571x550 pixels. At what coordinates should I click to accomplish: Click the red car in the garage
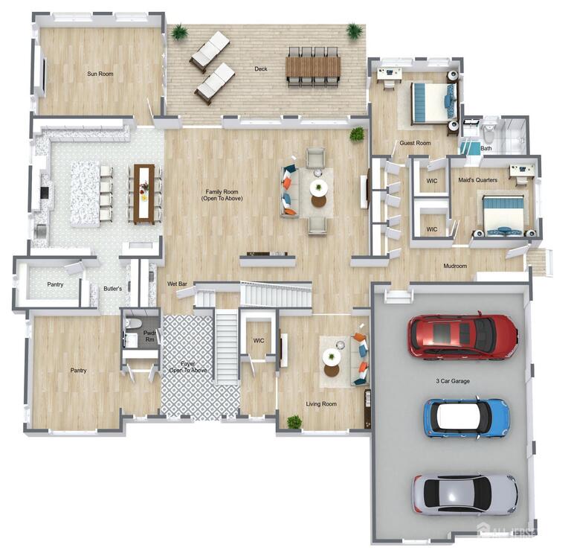tap(462, 336)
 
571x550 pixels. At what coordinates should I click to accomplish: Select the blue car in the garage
tap(466, 418)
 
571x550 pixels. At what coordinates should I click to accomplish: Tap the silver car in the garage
tap(465, 494)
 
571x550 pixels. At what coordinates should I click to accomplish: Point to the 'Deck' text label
tap(260, 69)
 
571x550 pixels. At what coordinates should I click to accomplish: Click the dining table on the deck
tap(312, 67)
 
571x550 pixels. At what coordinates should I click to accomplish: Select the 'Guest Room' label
tap(415, 143)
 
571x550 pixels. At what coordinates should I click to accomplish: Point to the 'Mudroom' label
tap(455, 266)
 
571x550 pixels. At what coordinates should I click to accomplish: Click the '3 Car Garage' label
tap(453, 381)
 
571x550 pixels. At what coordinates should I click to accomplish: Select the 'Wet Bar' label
tap(177, 284)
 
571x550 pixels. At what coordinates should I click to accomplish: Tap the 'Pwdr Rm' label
tap(150, 336)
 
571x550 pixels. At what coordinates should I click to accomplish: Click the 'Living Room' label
tap(321, 404)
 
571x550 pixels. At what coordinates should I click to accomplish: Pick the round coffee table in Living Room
tap(332, 357)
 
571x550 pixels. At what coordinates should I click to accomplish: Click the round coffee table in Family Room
tap(318, 188)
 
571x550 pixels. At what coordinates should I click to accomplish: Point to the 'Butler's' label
tap(112, 288)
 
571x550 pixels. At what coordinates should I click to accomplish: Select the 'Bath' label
tap(486, 148)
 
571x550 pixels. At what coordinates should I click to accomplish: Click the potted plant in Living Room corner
tap(294, 422)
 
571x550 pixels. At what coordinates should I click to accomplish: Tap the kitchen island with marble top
tap(85, 194)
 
